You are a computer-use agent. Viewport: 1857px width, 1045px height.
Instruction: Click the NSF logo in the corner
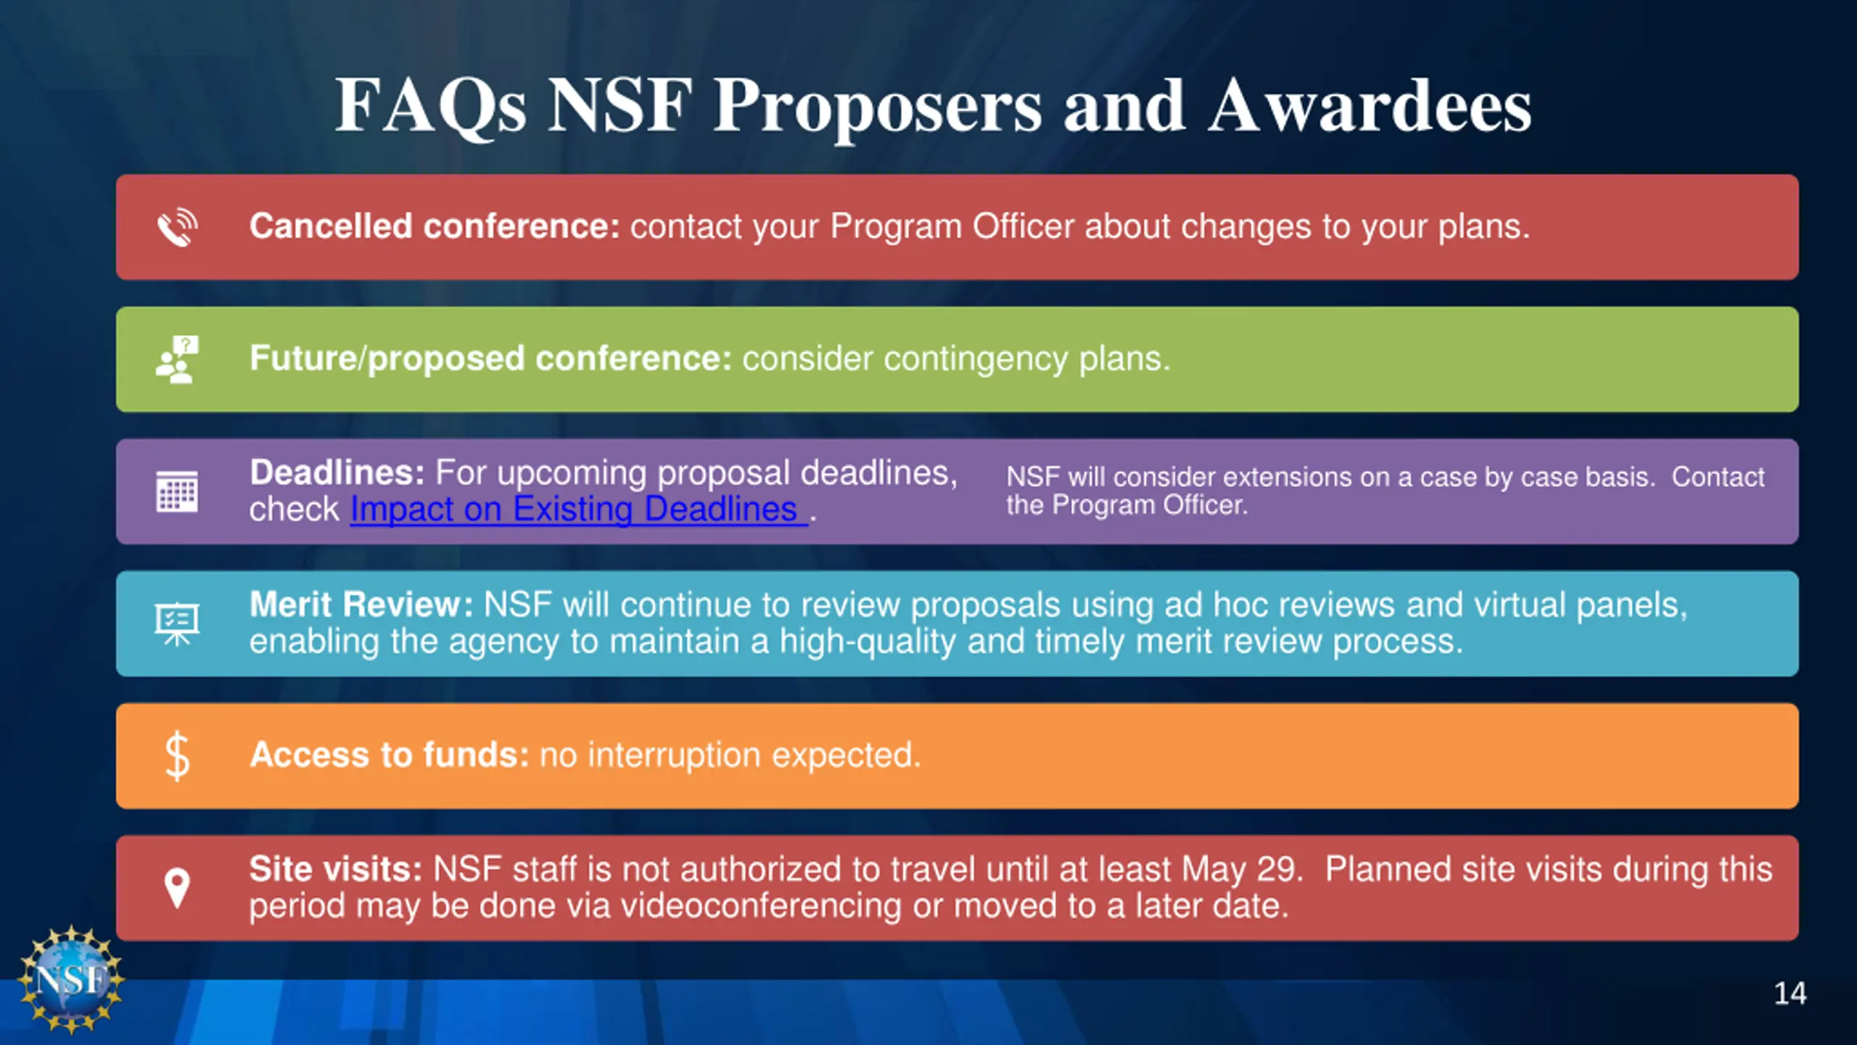[x=72, y=979]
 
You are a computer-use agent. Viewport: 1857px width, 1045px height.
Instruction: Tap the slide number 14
[x=1790, y=993]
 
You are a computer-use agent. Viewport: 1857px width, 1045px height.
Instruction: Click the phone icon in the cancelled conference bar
[x=177, y=227]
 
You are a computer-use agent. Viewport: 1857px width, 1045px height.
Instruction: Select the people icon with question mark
[x=177, y=359]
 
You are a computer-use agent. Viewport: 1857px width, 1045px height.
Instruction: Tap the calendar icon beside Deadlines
[x=177, y=491]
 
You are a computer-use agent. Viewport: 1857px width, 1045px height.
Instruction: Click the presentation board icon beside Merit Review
[x=177, y=623]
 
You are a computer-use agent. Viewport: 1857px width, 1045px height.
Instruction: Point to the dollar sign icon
[x=177, y=756]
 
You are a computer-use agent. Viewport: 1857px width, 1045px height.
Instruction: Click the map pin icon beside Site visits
[x=177, y=888]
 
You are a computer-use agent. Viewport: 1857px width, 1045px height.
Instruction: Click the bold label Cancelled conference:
[x=435, y=226]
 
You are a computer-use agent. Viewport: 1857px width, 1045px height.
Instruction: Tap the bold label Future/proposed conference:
[x=490, y=358]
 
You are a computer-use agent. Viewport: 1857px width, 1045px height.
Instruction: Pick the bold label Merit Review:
[x=361, y=605]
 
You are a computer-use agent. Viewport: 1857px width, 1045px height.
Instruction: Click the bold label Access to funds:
[x=390, y=755]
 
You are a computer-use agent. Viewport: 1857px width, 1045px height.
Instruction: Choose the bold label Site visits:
[x=336, y=869]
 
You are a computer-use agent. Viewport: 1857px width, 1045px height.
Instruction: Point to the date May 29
[x=1241, y=869]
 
